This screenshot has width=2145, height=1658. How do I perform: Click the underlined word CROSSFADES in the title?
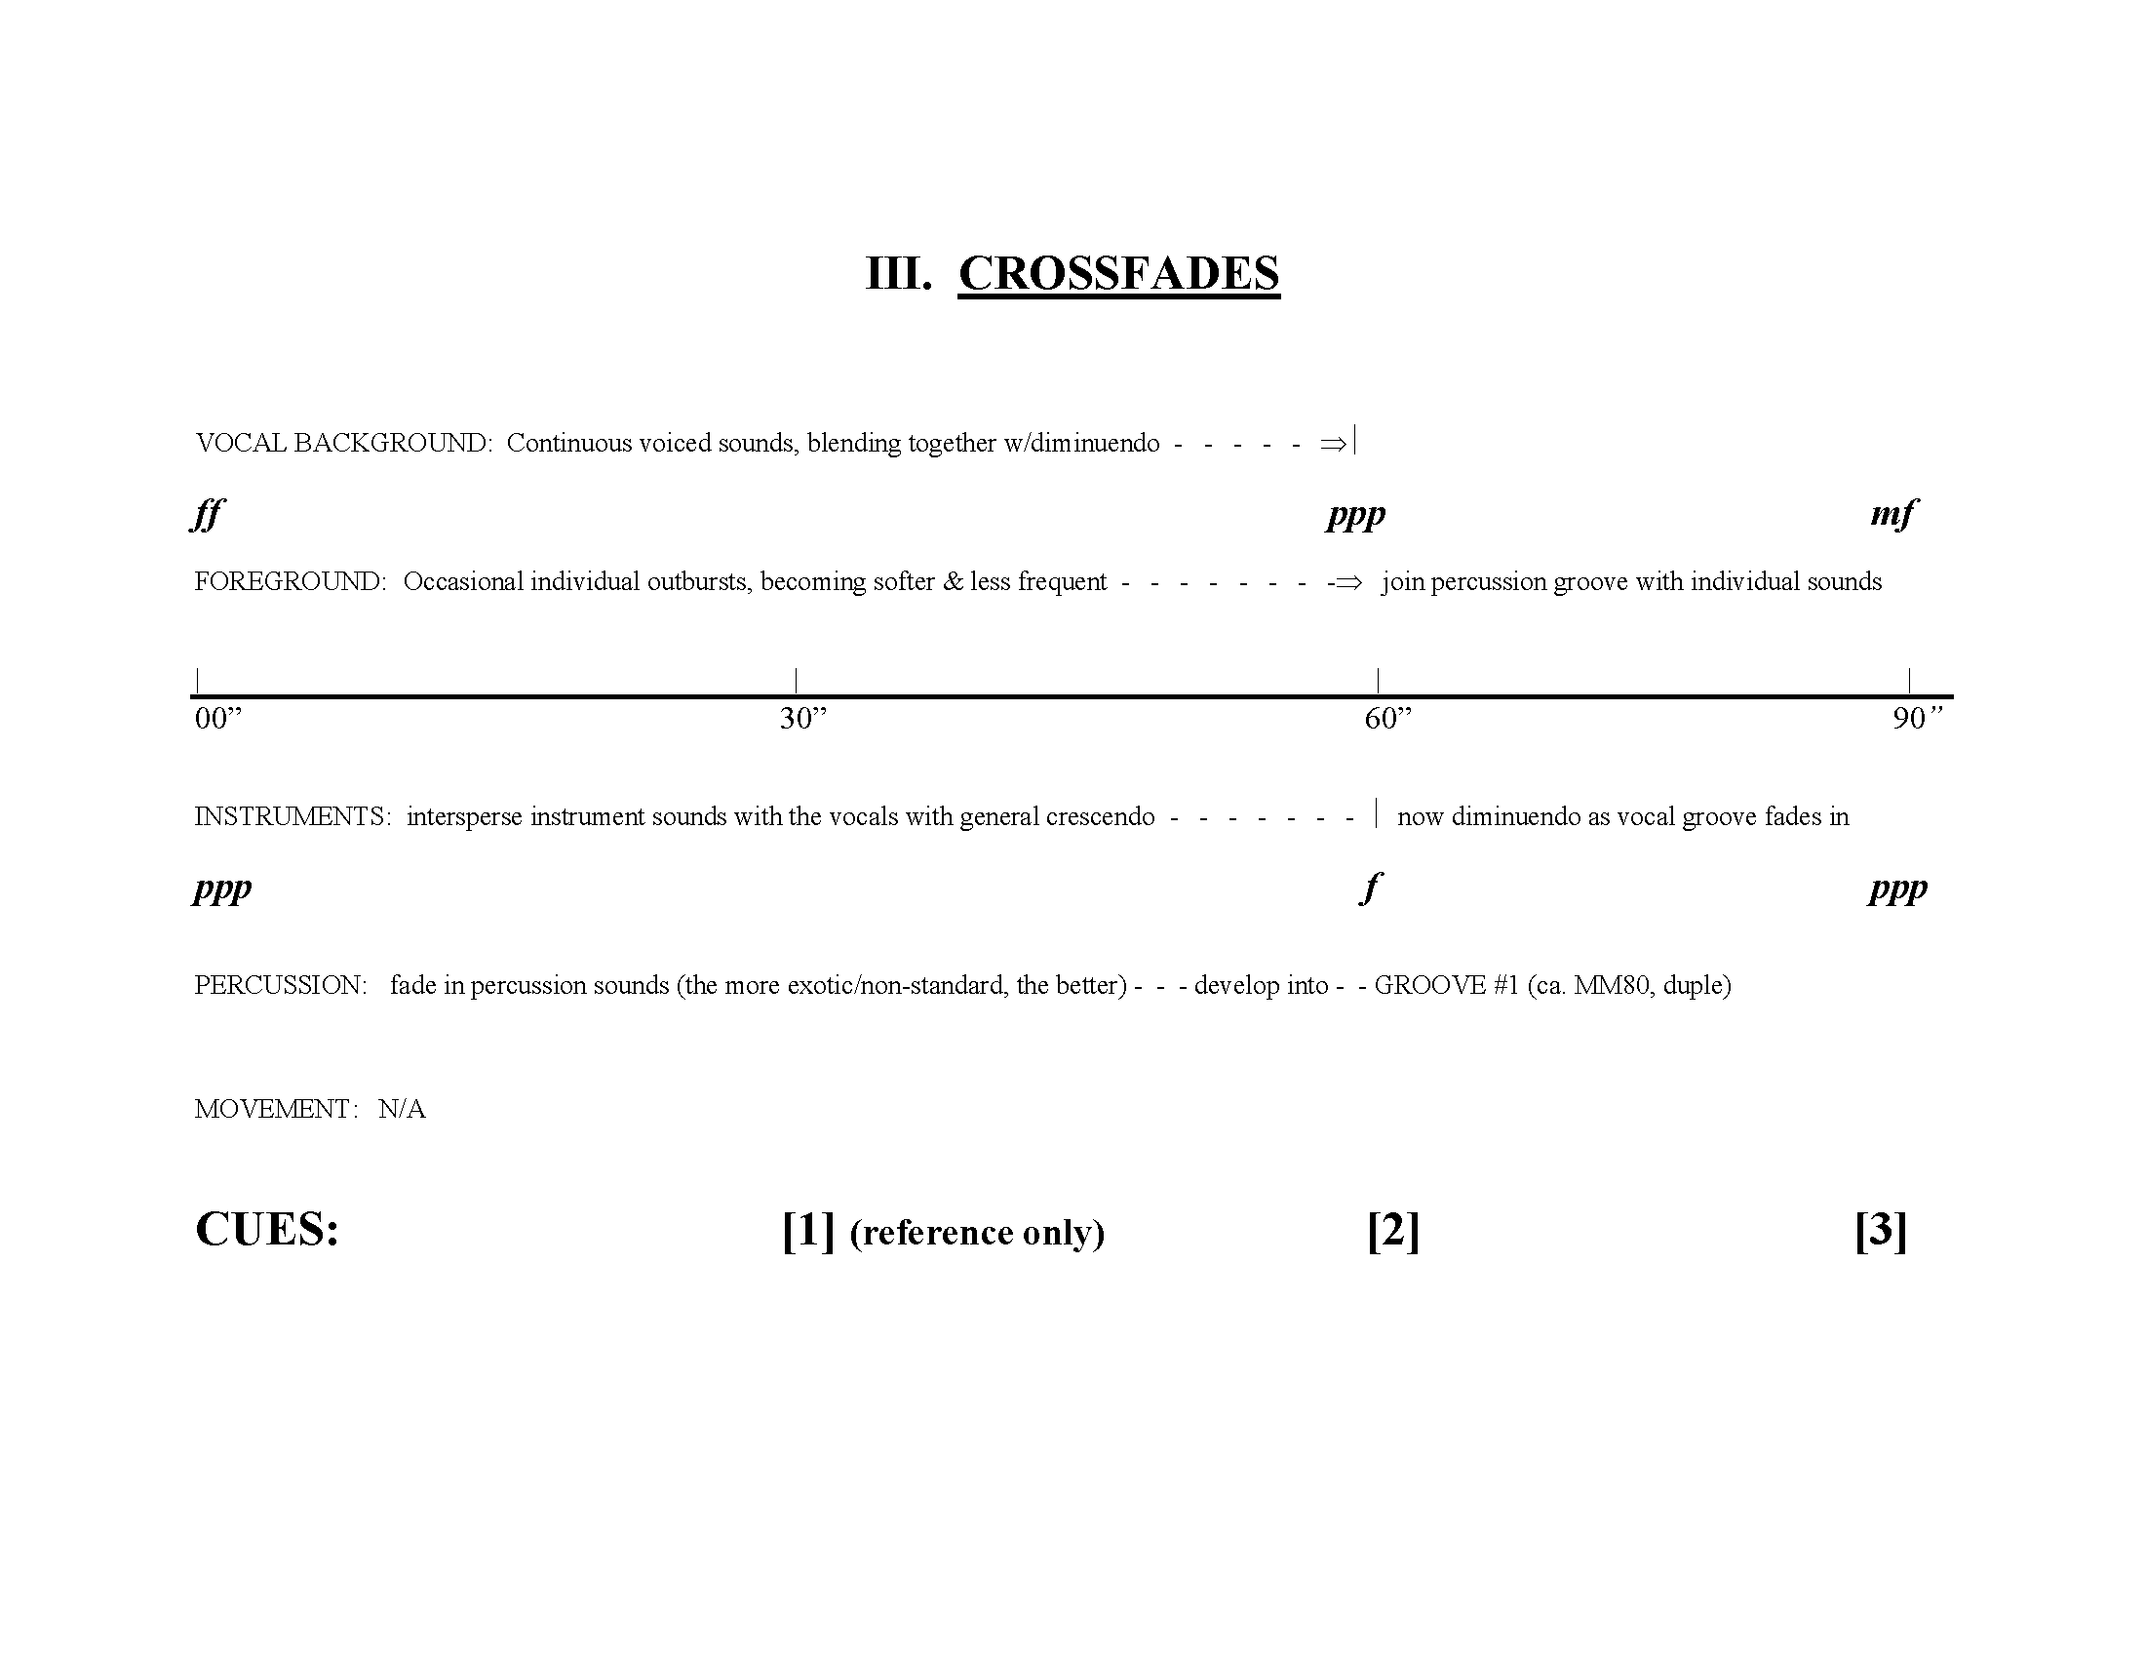click(x=1118, y=273)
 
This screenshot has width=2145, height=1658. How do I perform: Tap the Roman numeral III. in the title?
click(x=898, y=273)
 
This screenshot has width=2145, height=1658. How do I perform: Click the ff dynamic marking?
click(x=208, y=514)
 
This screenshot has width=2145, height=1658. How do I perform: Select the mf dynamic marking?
click(x=1892, y=514)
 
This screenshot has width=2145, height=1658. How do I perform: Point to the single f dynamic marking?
click(x=1371, y=888)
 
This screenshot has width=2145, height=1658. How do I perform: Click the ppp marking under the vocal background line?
click(x=1355, y=514)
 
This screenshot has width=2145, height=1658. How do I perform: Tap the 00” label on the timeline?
click(x=218, y=719)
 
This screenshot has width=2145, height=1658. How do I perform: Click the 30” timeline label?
click(x=803, y=719)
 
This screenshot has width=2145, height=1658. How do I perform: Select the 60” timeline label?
click(x=1387, y=719)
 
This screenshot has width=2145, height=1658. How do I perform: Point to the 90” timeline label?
click(x=1917, y=719)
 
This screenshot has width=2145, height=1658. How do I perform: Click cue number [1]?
click(x=808, y=1230)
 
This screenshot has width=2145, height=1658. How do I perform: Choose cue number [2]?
click(x=1392, y=1230)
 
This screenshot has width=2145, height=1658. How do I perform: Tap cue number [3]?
click(x=1881, y=1230)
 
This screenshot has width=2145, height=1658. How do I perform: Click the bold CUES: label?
click(x=267, y=1230)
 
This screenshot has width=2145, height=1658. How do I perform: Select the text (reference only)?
click(x=977, y=1233)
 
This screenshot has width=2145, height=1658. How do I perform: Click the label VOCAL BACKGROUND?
click(x=344, y=443)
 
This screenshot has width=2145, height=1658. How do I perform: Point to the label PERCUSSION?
click(x=281, y=985)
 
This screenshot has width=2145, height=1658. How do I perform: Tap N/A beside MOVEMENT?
click(x=402, y=1109)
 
